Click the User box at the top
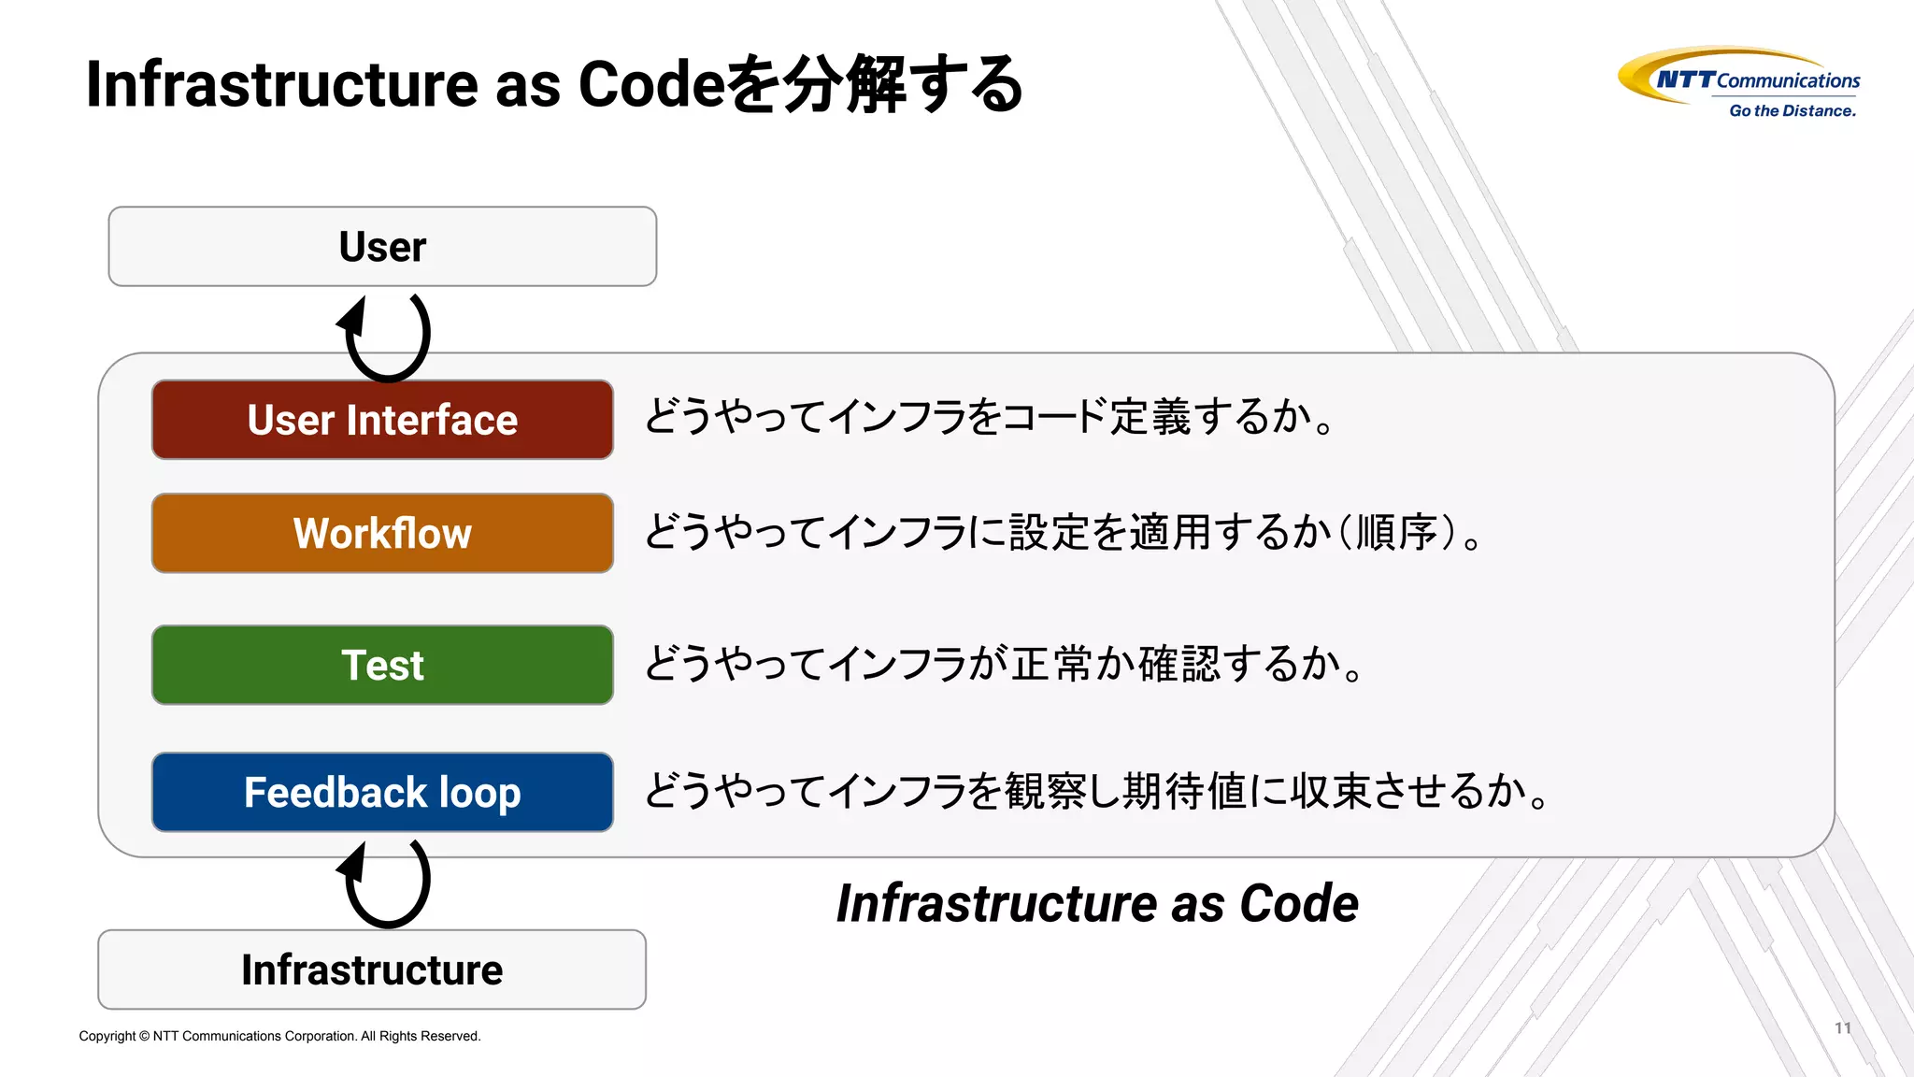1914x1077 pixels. coord(382,247)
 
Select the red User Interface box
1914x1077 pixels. coord(382,420)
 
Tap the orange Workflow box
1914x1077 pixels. coord(382,533)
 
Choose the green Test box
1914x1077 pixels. coord(382,665)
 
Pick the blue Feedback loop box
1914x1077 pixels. coord(382,792)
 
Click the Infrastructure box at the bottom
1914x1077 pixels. coord(372,969)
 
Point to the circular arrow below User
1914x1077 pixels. coord(386,336)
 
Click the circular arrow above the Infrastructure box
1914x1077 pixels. coord(386,882)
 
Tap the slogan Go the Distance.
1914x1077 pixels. coord(1792,111)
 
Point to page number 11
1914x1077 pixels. coord(1842,1028)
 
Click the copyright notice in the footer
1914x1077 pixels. coord(279,1036)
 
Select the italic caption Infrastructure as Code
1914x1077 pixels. coord(1097,903)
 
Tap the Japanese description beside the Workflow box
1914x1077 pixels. coord(1063,533)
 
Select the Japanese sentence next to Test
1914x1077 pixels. coord(1005,665)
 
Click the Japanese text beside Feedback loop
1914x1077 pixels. coord(1097,792)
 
